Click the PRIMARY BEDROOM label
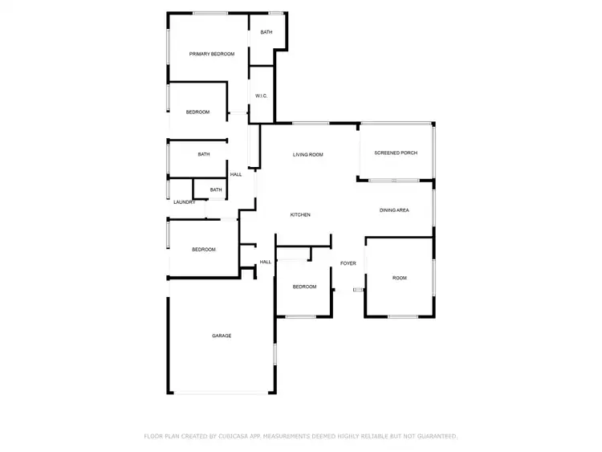coord(212,54)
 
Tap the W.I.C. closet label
coord(261,96)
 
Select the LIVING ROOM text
coord(307,154)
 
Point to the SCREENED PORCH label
coord(396,153)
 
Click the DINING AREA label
coord(394,210)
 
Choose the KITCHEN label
coord(300,215)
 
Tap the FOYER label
coord(348,263)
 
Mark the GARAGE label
coord(222,336)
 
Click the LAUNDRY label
coord(185,202)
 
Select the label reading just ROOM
coord(400,278)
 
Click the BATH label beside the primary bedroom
coord(266,32)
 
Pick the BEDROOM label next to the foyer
coord(304,287)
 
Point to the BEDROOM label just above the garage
coord(204,250)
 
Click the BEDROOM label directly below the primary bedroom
coord(197,112)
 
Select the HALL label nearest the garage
coord(266,262)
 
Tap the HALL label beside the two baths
coord(236,175)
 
